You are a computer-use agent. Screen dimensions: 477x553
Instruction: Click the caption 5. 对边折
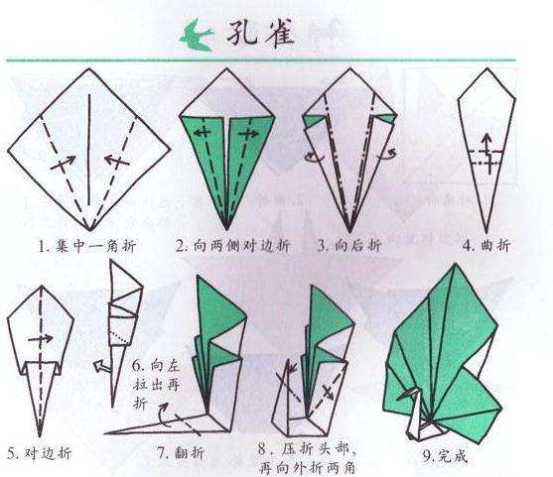tap(37, 454)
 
